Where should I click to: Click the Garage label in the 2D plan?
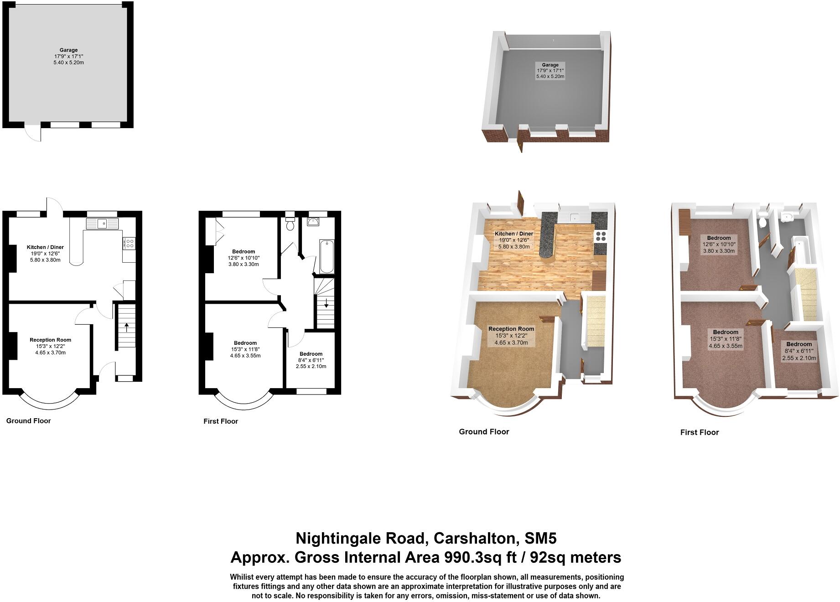tap(68, 50)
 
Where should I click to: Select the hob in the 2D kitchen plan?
tap(129, 244)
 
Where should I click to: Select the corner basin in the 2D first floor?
tap(313, 222)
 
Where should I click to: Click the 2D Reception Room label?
tap(50, 340)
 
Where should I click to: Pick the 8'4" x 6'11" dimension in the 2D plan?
tap(311, 360)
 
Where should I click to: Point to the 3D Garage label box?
tap(550, 71)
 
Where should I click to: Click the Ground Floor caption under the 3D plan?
tap(484, 431)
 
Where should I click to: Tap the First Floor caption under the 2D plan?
tap(221, 421)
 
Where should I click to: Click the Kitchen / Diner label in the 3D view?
tap(514, 234)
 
